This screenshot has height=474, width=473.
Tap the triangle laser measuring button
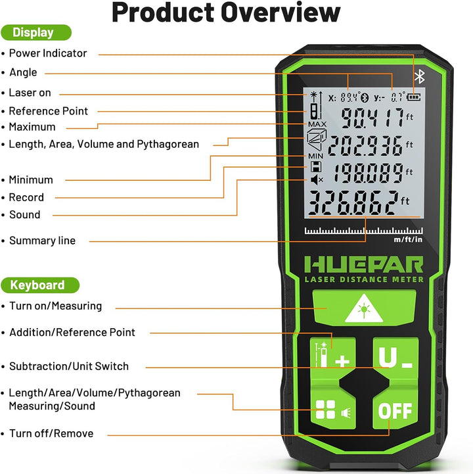[x=364, y=308]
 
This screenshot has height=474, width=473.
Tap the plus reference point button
[x=333, y=356]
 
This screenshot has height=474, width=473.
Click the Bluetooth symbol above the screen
[x=419, y=76]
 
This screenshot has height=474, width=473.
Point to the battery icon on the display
[x=413, y=97]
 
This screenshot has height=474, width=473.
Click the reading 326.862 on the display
[x=353, y=202]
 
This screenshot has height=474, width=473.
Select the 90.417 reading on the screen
[x=372, y=118]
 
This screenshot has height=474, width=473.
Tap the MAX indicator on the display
[x=317, y=124]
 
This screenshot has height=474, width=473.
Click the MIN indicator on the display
[x=315, y=156]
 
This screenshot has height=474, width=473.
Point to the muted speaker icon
[x=317, y=180]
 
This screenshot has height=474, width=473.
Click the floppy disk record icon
[x=316, y=166]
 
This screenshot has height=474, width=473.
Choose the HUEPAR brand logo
[x=364, y=265]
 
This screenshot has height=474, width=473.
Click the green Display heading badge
[x=36, y=32]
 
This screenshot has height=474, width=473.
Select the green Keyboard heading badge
[x=40, y=285]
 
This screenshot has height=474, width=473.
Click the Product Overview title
[x=226, y=12]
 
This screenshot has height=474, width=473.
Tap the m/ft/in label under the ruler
[x=408, y=239]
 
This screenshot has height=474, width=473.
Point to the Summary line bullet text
[x=42, y=241]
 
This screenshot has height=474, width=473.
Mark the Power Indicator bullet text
[x=48, y=53]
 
